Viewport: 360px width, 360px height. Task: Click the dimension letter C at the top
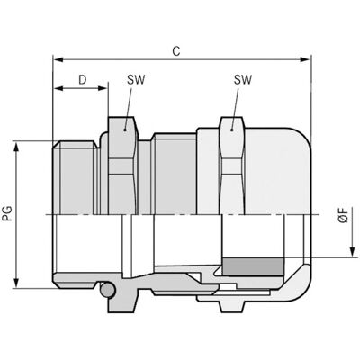point(176,51)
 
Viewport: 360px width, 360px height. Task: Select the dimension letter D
point(83,80)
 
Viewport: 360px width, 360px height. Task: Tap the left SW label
point(136,80)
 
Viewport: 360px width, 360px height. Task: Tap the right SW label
point(243,80)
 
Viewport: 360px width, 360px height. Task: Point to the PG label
point(8,213)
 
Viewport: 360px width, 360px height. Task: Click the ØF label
point(344,215)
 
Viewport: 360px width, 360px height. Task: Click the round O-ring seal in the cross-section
point(107,290)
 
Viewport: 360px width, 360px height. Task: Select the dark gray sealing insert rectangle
point(253,266)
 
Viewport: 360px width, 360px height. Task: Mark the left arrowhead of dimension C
point(58,59)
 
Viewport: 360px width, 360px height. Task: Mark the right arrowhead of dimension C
point(305,59)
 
